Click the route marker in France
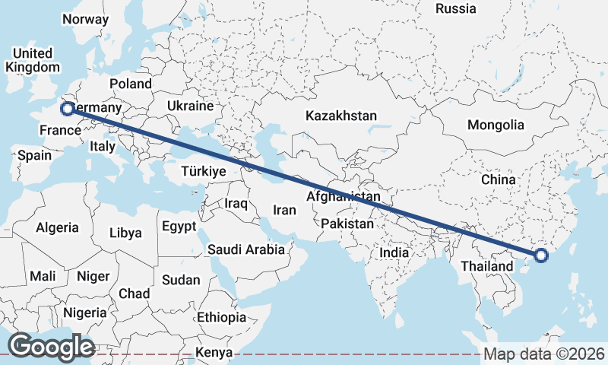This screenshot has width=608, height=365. (x=67, y=109)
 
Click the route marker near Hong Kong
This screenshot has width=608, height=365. (x=540, y=255)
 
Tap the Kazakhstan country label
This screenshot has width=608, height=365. (x=341, y=116)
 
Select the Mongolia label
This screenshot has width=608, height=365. (x=496, y=125)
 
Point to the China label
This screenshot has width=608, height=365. (x=499, y=180)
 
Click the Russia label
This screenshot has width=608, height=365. (x=456, y=9)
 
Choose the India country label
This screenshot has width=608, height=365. (x=394, y=252)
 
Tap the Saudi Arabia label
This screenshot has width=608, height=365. (x=246, y=249)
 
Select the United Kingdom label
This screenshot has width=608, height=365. (x=33, y=60)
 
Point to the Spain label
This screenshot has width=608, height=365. (x=34, y=155)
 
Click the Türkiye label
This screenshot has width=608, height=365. (x=204, y=172)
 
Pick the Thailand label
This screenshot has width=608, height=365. (x=487, y=267)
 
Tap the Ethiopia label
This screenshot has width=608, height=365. (x=221, y=317)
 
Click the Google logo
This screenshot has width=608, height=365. (x=50, y=347)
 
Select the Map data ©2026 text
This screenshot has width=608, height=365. (x=543, y=354)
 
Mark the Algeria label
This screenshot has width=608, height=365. (x=57, y=227)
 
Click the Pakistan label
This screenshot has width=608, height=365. (x=347, y=224)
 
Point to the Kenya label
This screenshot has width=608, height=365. (x=214, y=353)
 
